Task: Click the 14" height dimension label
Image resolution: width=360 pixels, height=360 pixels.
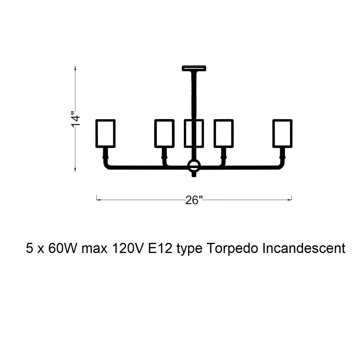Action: click(76, 119)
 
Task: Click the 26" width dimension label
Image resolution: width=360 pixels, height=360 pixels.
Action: click(194, 200)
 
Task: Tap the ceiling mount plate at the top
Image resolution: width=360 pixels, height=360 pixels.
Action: click(194, 68)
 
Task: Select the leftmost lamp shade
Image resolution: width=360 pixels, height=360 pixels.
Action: click(105, 134)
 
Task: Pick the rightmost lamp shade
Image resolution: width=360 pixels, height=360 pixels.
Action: click(282, 134)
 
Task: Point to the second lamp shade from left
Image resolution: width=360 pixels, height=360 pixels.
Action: click(165, 134)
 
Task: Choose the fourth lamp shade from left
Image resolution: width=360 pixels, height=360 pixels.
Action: click(224, 134)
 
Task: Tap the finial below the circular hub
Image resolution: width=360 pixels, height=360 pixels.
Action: click(194, 175)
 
